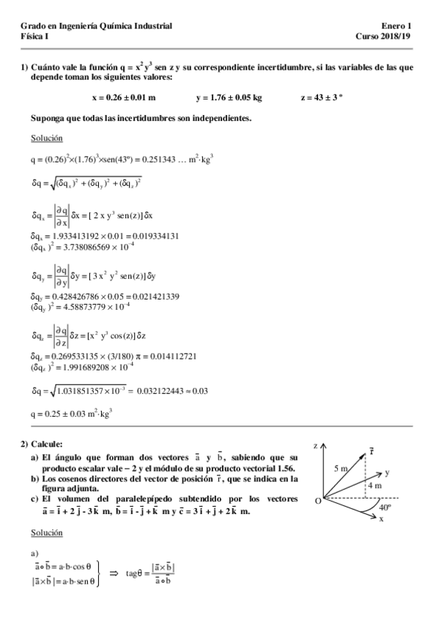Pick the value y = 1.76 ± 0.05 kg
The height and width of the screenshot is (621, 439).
click(x=229, y=97)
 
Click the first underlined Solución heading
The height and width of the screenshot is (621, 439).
click(x=47, y=138)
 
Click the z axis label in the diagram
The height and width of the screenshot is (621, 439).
click(x=314, y=445)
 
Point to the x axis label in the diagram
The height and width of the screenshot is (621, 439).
click(x=381, y=518)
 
